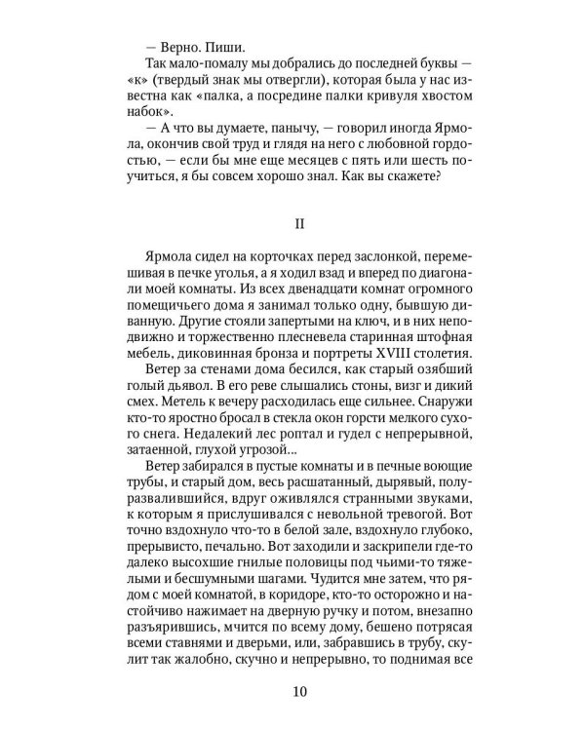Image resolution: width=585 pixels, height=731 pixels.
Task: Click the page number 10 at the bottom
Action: pos(299,693)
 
